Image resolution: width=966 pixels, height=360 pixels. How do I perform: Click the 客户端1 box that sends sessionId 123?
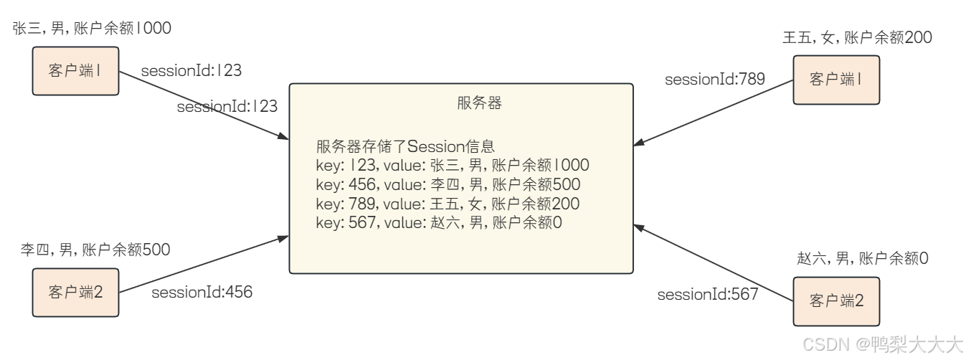pos(75,72)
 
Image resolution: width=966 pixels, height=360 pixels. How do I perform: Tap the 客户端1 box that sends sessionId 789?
pos(835,78)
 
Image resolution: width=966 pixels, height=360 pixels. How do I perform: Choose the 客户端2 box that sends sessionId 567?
pos(835,300)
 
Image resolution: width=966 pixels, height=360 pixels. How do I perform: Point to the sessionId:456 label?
pos(202,292)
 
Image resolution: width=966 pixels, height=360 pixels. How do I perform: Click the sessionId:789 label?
pos(715,79)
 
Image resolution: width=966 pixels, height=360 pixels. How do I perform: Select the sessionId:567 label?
pos(708,294)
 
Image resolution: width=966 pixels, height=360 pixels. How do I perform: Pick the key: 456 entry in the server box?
pos(448,184)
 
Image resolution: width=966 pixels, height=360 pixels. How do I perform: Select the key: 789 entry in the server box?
pos(448,203)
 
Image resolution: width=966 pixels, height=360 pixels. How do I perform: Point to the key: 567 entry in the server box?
pos(439,222)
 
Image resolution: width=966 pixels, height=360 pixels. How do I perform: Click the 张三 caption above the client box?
pos(93,29)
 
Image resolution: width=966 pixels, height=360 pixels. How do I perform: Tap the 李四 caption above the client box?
pos(95,250)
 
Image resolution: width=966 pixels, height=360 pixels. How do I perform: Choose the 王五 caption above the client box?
pos(857,38)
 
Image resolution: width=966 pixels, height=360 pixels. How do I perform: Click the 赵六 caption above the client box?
pos(862,258)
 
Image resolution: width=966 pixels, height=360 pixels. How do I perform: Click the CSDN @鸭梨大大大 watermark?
pos(882,346)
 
